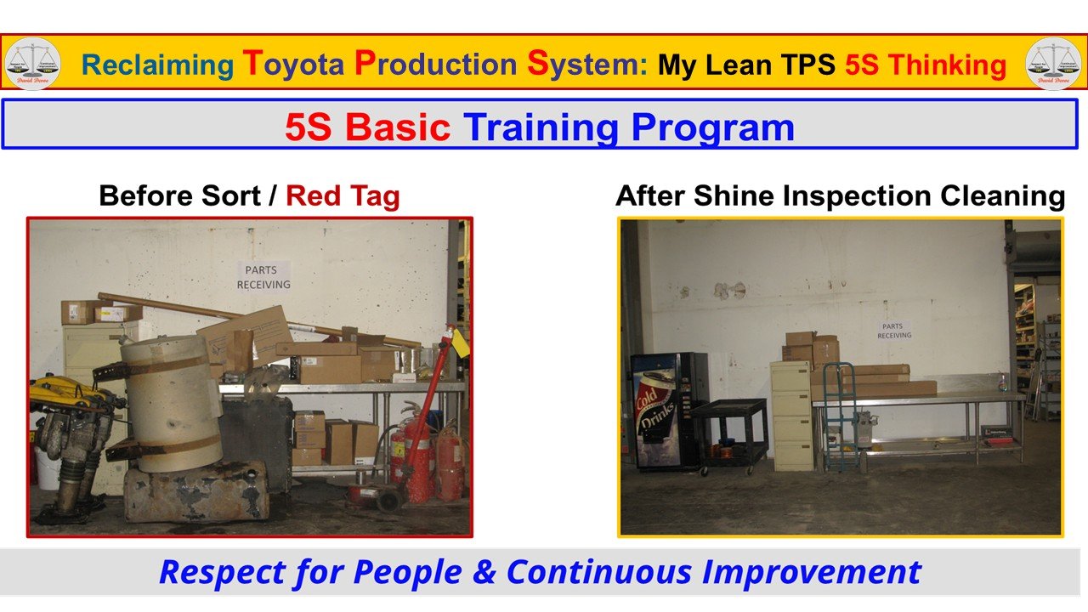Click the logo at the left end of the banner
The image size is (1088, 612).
point(32,64)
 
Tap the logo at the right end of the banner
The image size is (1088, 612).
point(1054,64)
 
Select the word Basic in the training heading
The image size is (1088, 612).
point(398,127)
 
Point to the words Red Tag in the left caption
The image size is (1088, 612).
point(343,196)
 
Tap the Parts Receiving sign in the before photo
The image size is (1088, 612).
point(263,277)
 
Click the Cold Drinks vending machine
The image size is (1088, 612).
point(668,411)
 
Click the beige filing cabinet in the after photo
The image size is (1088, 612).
point(791,415)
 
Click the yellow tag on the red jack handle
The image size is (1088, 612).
point(462,343)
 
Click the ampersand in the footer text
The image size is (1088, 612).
point(484,572)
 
